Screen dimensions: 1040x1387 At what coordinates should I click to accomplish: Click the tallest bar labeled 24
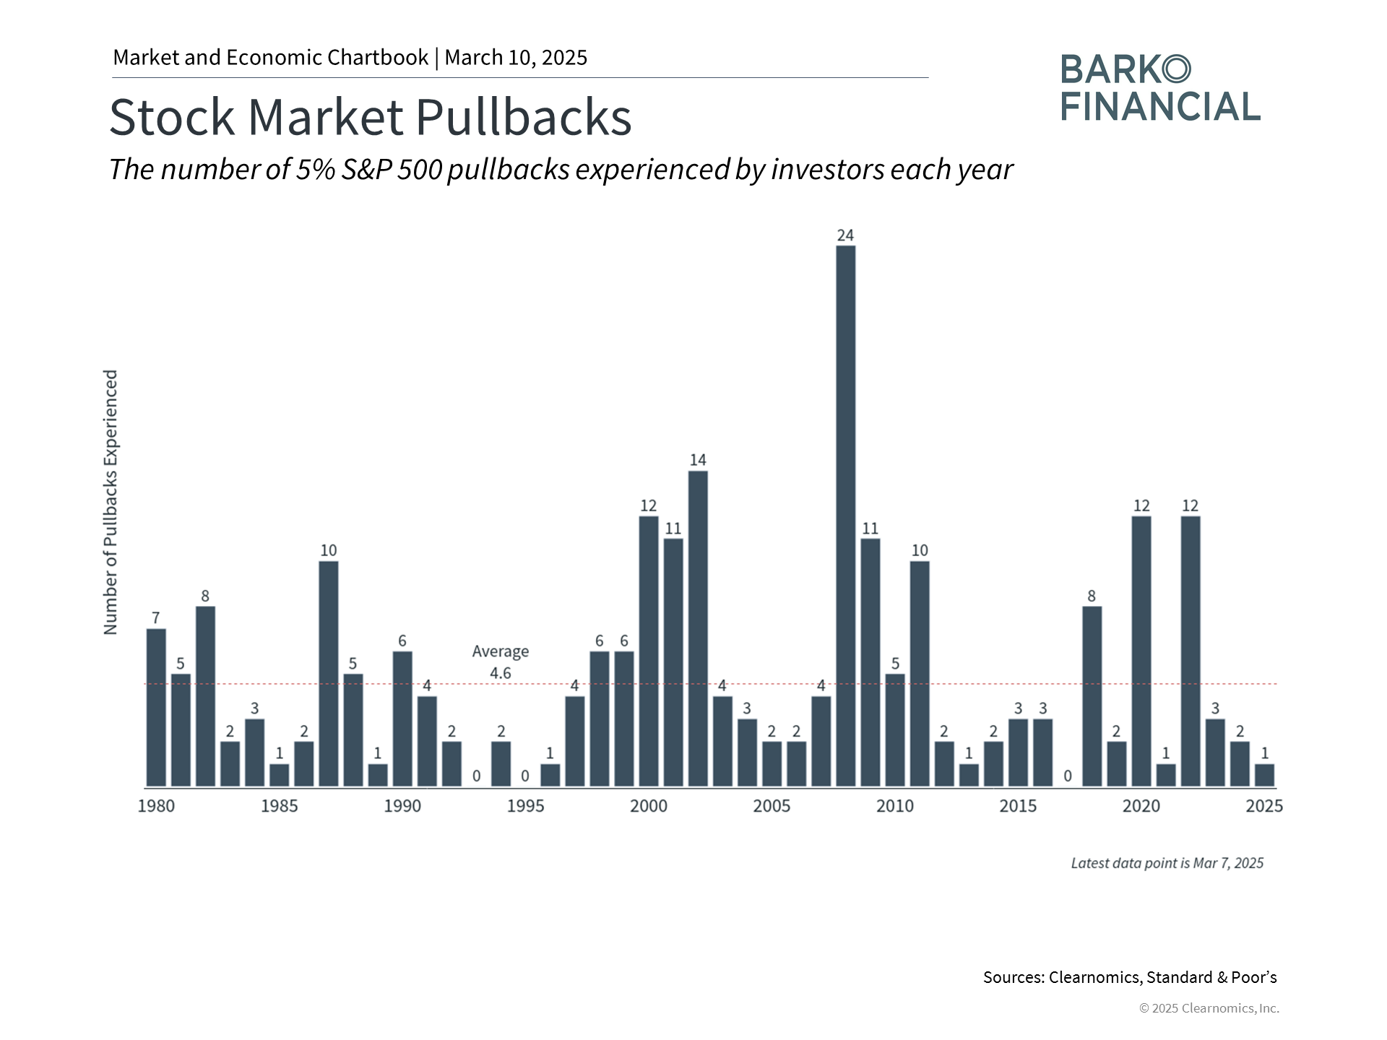845,516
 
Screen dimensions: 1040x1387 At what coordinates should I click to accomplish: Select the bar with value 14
698,628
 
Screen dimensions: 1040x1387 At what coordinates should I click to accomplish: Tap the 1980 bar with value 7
156,708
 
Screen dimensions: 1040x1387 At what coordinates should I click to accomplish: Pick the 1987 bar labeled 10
329,674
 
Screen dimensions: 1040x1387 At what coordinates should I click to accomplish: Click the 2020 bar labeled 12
1141,651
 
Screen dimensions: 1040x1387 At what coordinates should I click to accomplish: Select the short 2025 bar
1264,775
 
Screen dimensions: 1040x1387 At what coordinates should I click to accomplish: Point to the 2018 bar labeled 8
1092,696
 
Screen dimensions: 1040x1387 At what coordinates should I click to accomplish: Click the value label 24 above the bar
845,235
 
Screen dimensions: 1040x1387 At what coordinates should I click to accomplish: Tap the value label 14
698,460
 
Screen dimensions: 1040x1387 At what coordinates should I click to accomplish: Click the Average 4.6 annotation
501,662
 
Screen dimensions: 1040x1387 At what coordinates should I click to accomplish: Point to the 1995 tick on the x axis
525,806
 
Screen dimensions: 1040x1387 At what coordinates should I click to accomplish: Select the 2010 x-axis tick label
895,806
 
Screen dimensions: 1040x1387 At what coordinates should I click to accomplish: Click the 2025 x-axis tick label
1264,806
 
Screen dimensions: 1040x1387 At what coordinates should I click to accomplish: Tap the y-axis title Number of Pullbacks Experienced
111,503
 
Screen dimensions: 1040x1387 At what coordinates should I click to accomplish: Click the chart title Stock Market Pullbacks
371,117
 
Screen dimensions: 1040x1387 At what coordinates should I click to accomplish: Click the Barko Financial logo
1160,88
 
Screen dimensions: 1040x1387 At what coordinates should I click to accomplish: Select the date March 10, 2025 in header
516,58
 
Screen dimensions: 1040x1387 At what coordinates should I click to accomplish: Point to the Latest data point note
1167,863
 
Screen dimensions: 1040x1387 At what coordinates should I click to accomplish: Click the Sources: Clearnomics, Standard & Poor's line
1130,977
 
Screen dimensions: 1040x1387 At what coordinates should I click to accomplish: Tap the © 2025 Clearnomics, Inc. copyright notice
1209,1008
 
